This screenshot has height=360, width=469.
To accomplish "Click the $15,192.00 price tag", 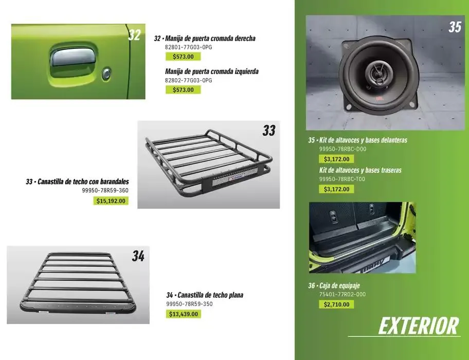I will (x=111, y=201).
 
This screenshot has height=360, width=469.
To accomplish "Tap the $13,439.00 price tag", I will (x=184, y=314).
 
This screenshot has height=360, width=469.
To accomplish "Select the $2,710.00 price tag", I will (x=336, y=304).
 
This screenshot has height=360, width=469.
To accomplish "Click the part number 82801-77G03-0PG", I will (x=188, y=47).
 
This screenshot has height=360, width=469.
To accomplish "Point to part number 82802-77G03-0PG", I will (x=188, y=81).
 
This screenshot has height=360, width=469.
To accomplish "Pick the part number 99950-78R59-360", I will (x=105, y=190).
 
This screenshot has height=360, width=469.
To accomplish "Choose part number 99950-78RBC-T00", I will (x=342, y=179).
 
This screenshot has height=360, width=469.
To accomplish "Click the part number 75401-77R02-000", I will (x=342, y=294).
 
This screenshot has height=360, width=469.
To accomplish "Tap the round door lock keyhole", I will (x=106, y=75).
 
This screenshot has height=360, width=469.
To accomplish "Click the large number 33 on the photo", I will (x=268, y=131).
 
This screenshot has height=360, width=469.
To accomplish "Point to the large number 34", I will (x=138, y=256).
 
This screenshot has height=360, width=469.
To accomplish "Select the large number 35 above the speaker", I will (x=455, y=27).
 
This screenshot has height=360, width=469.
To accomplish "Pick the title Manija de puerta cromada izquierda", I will (x=211, y=71).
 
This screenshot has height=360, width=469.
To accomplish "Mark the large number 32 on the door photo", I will (x=134, y=35).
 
